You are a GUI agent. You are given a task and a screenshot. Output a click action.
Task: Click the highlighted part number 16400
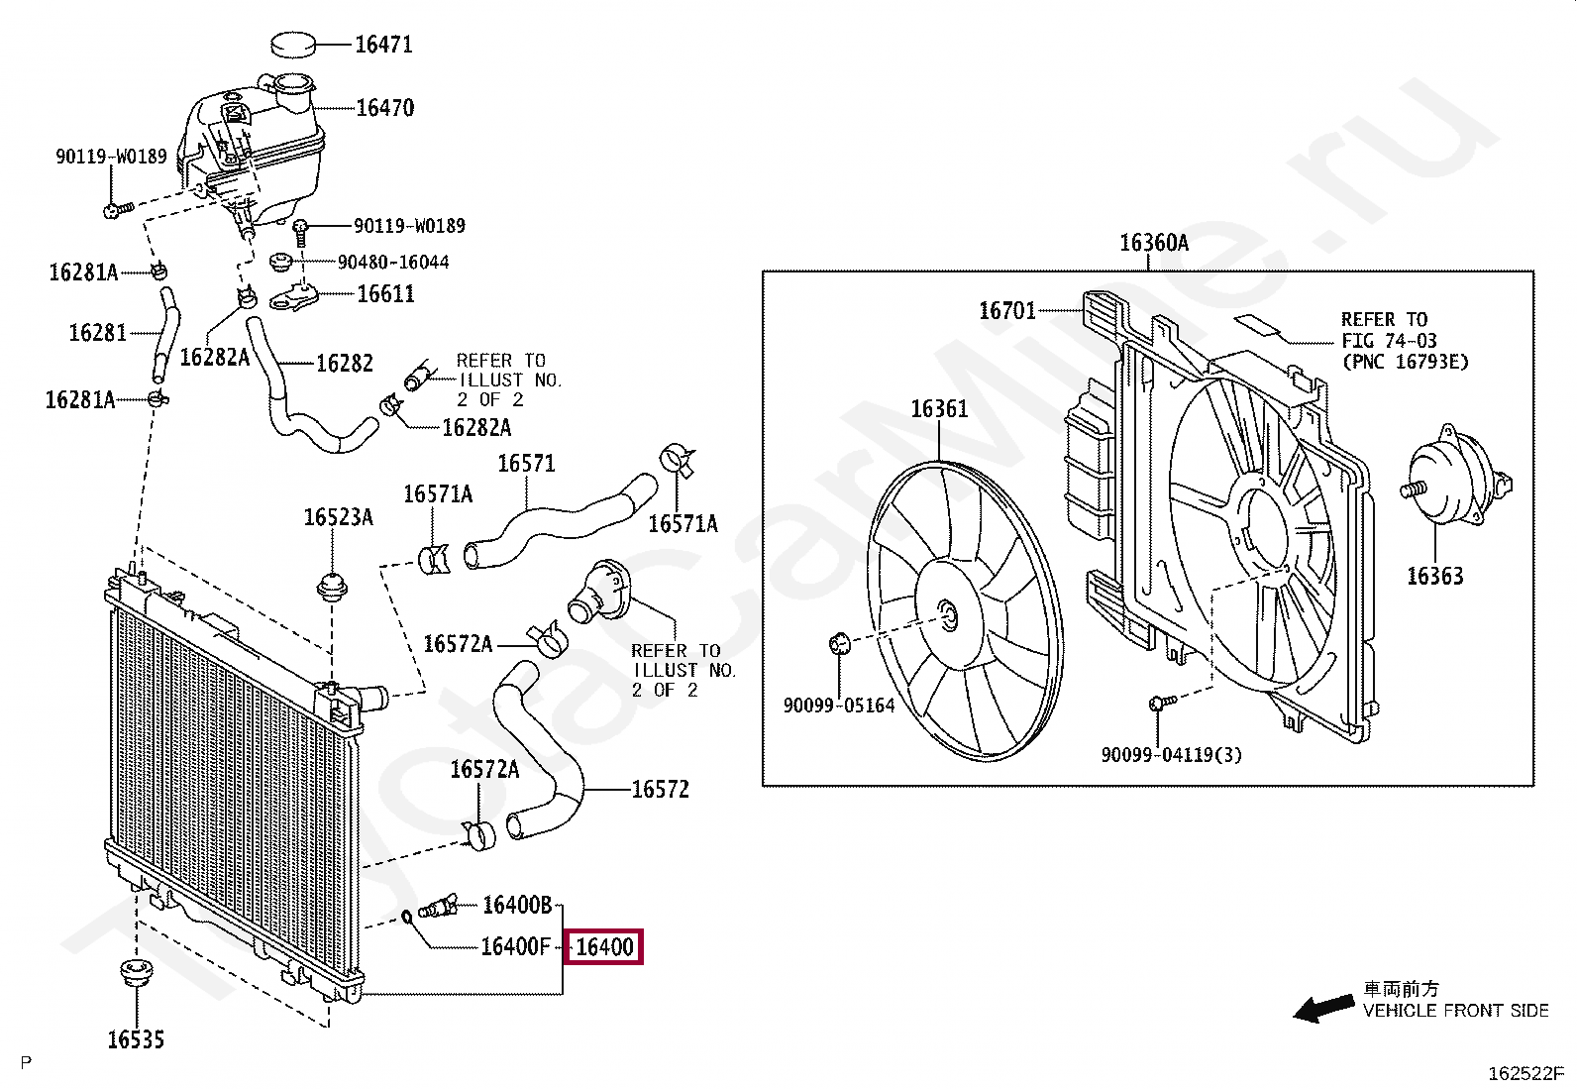point(605,946)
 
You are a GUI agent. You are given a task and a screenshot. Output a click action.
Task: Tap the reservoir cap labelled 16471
point(293,44)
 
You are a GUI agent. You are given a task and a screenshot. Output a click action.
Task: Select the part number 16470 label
point(385,108)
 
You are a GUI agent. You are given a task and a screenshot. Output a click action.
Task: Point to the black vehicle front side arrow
point(1323,1008)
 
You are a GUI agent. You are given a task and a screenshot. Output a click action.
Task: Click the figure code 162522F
point(1526,1073)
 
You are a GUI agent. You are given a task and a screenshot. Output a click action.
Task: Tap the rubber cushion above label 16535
point(136,973)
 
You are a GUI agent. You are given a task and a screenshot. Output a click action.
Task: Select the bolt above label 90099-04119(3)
point(1162,702)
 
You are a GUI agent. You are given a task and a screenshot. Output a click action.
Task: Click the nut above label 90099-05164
point(839,643)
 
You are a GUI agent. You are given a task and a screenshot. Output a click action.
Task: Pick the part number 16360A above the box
point(1154,243)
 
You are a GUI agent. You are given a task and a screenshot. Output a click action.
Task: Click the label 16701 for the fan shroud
point(1007,310)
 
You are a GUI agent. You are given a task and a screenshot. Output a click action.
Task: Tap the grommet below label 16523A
point(332,586)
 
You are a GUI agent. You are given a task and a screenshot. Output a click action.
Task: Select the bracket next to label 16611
point(293,296)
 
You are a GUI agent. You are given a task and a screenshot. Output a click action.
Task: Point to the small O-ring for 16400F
point(407,917)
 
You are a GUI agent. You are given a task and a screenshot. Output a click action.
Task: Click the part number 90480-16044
point(393,262)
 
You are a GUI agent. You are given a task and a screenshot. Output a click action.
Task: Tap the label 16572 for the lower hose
point(661,789)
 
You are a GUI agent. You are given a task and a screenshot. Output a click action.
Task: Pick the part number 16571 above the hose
point(527,464)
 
